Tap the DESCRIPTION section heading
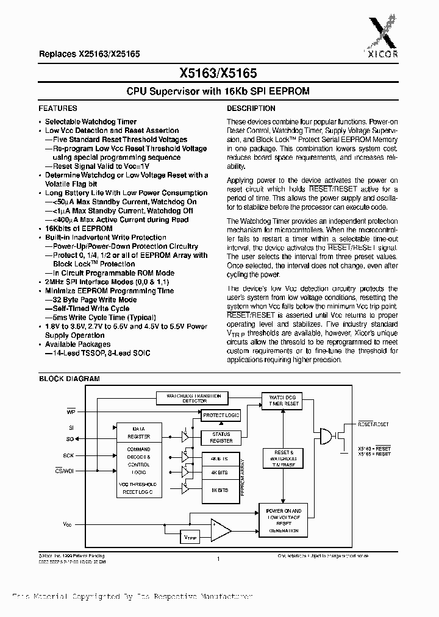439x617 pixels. [x=251, y=108]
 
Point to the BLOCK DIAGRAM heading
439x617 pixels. [x=70, y=379]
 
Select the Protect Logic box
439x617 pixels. [x=221, y=415]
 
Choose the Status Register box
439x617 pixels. [x=221, y=437]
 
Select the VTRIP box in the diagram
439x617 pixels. [x=191, y=538]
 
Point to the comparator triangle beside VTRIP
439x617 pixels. [x=220, y=530]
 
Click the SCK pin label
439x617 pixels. [x=68, y=455]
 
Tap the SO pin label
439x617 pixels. [x=70, y=439]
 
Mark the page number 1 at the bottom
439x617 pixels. [x=218, y=558]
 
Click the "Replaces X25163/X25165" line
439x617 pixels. [x=90, y=54]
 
